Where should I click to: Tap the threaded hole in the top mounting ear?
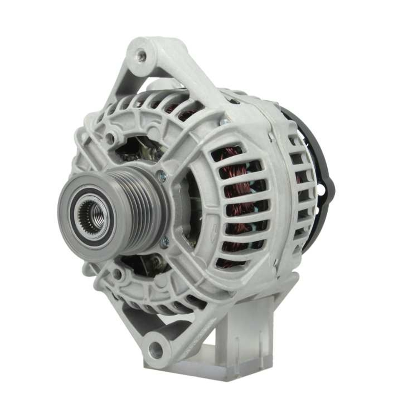coord(142,55)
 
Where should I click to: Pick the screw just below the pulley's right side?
coord(166,242)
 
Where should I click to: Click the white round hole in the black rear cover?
coord(321,191)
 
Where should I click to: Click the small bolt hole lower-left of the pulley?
coord(118,274)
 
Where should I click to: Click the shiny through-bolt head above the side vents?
coord(224,122)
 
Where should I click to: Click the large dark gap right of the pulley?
coord(192,209)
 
